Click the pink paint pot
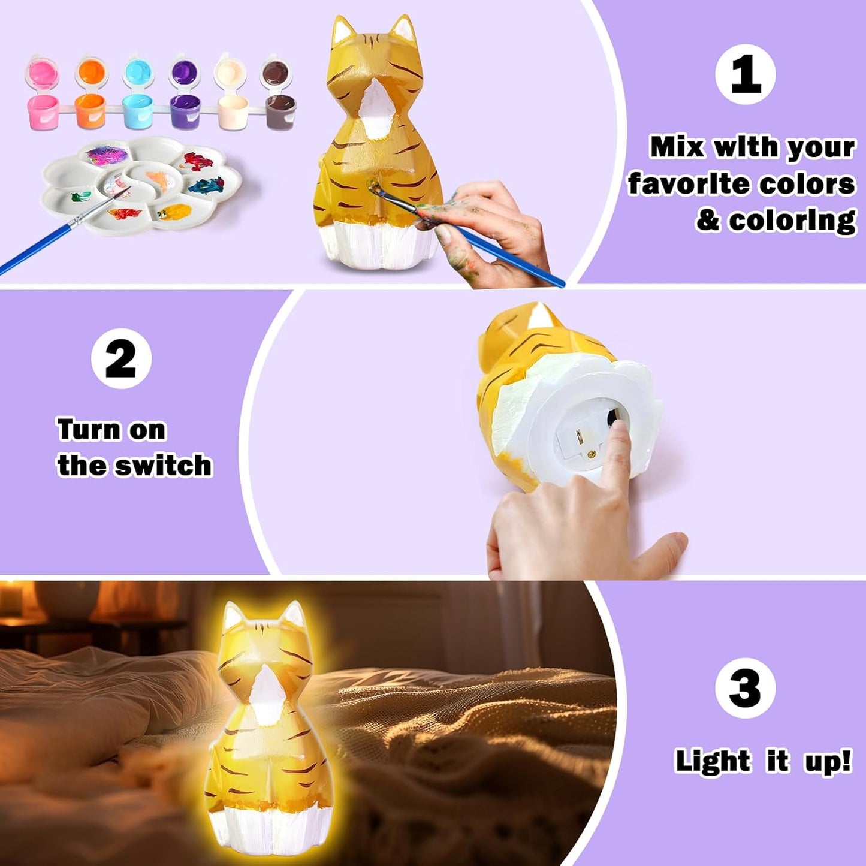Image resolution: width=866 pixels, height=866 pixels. point(43,109)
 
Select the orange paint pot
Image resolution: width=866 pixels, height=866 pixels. point(90,109)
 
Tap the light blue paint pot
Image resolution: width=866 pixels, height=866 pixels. point(138,109)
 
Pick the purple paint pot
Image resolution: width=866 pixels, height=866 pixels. point(185,109)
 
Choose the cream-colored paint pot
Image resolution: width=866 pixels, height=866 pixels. point(233,109)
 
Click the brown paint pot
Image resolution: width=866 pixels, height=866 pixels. point(280,109)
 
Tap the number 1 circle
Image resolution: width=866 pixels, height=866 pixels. point(745,74)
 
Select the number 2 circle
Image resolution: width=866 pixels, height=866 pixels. point(121,358)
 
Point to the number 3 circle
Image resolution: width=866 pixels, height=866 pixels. point(745,687)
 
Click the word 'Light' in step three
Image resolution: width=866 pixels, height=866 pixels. point(713,761)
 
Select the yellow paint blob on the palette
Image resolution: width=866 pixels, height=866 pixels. point(175,212)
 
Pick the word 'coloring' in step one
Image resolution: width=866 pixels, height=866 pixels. point(792,221)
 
